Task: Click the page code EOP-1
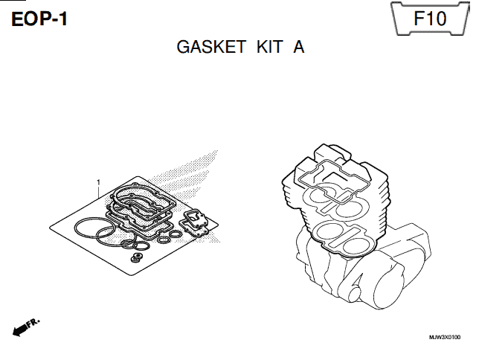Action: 39,19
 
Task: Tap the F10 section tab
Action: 430,19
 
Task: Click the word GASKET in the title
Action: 211,47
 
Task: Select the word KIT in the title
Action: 270,47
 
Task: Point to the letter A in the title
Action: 299,47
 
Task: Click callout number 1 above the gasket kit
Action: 98,182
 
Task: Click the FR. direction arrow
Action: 19,330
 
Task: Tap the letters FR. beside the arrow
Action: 33,323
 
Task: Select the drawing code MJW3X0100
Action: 445,338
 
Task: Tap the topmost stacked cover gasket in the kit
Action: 113,194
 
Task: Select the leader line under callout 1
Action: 98,192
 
